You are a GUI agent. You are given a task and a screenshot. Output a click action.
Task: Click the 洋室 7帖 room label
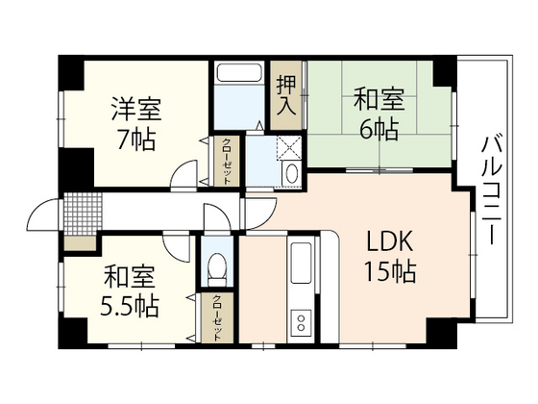[136, 124]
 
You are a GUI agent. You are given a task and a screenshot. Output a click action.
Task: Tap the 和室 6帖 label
[379, 114]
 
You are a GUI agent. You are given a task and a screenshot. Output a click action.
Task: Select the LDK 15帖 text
[390, 255]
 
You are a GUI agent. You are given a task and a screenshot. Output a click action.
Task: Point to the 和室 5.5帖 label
[130, 291]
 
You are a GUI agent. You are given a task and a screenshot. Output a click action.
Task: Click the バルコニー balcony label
[492, 190]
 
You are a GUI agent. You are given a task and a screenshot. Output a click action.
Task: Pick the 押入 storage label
[286, 95]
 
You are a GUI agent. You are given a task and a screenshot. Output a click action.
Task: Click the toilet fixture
[217, 269]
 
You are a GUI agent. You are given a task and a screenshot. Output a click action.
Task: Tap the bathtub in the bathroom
[239, 73]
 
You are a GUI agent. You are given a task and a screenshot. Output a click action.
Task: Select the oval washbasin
[292, 173]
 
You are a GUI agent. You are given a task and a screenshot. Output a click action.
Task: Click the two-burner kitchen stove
[302, 323]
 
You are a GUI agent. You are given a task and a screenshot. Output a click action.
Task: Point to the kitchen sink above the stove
[301, 263]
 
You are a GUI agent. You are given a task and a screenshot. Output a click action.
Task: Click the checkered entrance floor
[83, 213]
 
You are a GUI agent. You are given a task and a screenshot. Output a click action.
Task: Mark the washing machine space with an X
[289, 147]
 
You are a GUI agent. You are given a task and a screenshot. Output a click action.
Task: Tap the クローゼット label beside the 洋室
[226, 162]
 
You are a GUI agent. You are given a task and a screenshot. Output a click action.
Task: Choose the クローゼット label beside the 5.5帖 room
[217, 317]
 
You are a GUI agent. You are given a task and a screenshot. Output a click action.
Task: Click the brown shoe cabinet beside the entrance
[80, 243]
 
